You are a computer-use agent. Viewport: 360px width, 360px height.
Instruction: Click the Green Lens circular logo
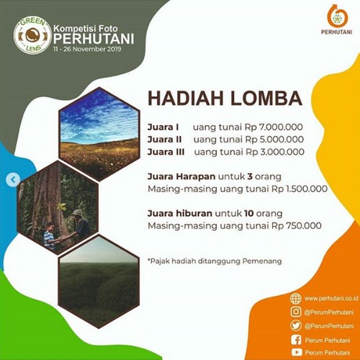pos(32,36)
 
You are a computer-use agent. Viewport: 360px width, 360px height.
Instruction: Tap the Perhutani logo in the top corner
pos(337,19)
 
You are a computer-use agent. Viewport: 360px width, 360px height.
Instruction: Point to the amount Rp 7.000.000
pos(274,127)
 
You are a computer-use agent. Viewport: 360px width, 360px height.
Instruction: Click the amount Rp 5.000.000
pos(274,140)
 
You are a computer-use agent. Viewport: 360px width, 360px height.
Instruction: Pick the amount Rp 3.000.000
pos(275,152)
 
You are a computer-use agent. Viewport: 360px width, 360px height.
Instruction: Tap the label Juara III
pos(166,152)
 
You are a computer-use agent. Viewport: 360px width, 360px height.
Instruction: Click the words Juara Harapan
pos(181,177)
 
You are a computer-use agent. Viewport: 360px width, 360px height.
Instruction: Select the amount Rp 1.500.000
pos(300,189)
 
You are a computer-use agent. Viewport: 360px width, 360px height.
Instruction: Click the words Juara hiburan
pos(180,213)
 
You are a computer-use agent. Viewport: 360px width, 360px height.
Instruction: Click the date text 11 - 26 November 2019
pos(87,49)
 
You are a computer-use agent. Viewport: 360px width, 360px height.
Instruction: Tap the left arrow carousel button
pos(14,179)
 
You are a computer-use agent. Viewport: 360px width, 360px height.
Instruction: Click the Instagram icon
pos(296,312)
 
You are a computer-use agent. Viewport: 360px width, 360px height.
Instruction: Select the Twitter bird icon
pos(296,325)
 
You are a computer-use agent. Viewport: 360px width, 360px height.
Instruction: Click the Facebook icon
pos(296,340)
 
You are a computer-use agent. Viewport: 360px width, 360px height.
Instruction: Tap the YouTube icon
pos(297,352)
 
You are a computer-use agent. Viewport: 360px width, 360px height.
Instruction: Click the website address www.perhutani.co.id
pos(331,298)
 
